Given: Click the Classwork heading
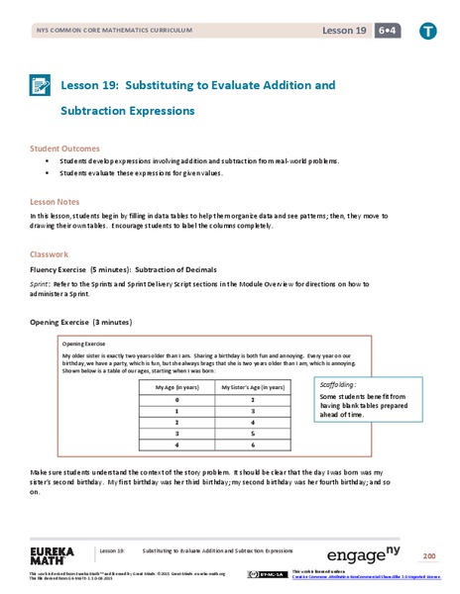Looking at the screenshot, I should point(49,253).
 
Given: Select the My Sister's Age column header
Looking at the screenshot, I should point(255,387).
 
